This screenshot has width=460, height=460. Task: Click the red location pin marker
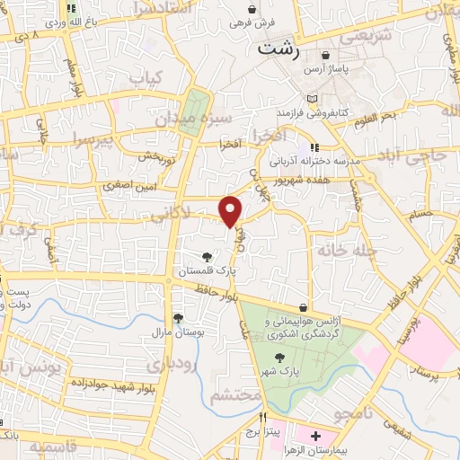(x=232, y=211)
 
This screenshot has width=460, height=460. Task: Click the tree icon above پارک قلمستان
(x=208, y=257)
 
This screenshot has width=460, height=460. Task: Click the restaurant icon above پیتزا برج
(x=263, y=417)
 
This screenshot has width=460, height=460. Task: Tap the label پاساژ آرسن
(x=347, y=67)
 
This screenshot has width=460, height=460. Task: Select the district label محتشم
(x=235, y=396)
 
